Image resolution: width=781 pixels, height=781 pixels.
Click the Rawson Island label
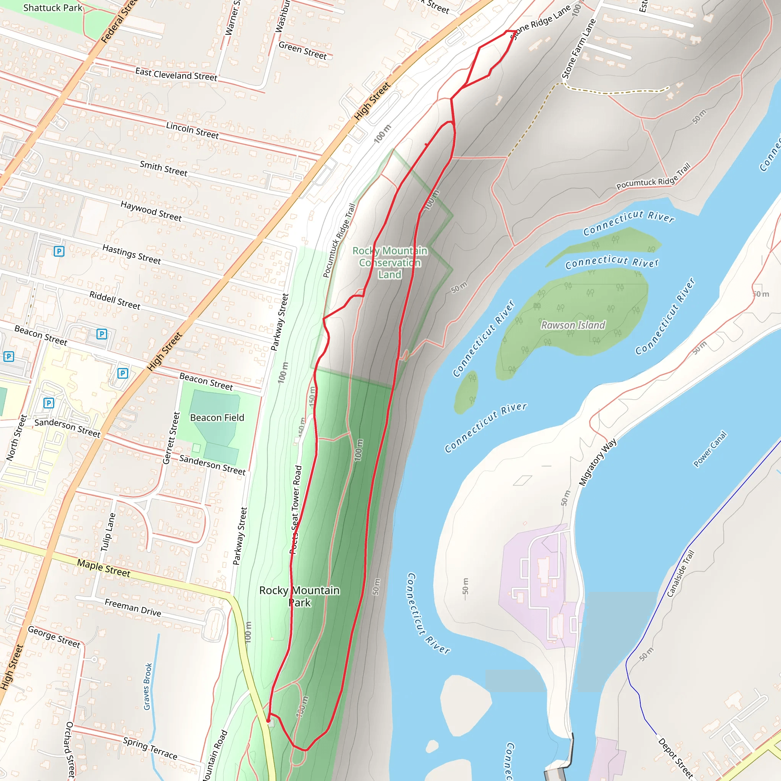(x=573, y=325)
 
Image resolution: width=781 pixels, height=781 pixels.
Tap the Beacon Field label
(x=217, y=418)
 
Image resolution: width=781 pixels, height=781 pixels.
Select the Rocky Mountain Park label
(x=299, y=596)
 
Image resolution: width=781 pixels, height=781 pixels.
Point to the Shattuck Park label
(x=53, y=8)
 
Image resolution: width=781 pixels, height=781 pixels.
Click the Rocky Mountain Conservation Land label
(x=390, y=262)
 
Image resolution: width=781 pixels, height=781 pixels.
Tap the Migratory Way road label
(x=598, y=462)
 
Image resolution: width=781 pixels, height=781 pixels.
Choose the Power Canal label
(x=710, y=449)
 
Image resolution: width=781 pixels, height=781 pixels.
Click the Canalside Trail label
(x=680, y=573)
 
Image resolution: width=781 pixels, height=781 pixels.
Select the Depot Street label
(x=675, y=759)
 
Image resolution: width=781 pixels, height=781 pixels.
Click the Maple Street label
(x=104, y=568)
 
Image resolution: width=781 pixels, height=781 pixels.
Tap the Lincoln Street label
(x=193, y=130)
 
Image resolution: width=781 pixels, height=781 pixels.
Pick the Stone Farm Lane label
(x=579, y=49)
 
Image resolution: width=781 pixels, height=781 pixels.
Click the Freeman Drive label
(x=133, y=608)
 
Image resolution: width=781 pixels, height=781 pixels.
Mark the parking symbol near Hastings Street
(x=59, y=251)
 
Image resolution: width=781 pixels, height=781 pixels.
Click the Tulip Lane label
(x=108, y=532)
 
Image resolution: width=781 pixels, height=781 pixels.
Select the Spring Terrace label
(x=150, y=748)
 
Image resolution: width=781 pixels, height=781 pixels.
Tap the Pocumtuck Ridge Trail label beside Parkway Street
(x=339, y=241)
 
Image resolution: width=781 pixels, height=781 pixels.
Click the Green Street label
(x=302, y=51)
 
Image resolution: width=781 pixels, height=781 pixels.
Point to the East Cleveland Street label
(x=176, y=74)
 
